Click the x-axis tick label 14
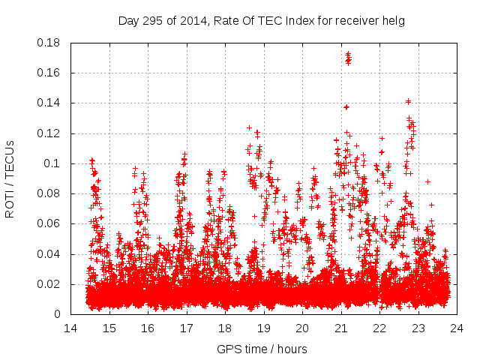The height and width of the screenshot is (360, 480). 70,328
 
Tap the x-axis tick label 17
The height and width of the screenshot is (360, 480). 186,328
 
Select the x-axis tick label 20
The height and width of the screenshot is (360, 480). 302,328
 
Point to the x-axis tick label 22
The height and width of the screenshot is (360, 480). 379,328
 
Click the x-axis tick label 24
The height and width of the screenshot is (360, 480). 457,328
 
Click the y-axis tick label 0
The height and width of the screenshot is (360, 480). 61,314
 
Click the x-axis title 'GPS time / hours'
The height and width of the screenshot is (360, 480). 262,349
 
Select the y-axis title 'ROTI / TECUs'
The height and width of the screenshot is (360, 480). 10,178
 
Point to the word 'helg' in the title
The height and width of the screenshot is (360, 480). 394,21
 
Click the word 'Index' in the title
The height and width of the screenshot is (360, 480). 289,21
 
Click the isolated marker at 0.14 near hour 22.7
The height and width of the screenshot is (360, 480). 408,101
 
